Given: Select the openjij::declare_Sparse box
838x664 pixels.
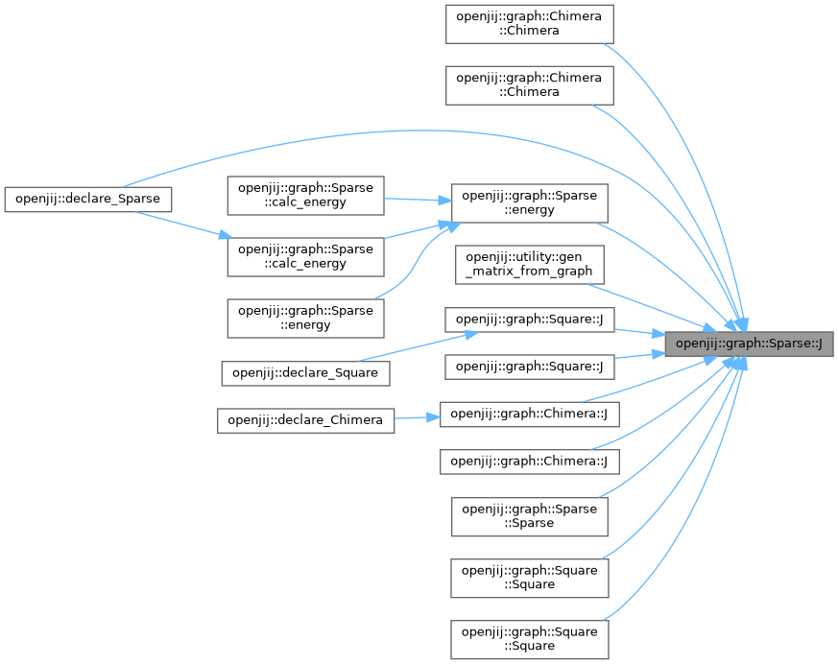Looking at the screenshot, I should pyautogui.click(x=88, y=199).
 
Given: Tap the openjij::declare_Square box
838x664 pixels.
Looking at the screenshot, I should pyautogui.click(x=305, y=372).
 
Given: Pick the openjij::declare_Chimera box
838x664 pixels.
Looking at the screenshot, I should pyautogui.click(x=305, y=419).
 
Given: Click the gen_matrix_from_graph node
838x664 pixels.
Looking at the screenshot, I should pyautogui.click(x=529, y=264).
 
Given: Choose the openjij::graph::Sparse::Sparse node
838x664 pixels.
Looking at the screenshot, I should pyautogui.click(x=529, y=516).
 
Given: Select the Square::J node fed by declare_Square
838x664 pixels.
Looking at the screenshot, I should pyautogui.click(x=529, y=320).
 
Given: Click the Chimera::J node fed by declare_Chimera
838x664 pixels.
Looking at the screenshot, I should pyautogui.click(x=529, y=414).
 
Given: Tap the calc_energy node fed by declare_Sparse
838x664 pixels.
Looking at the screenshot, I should pyautogui.click(x=305, y=257).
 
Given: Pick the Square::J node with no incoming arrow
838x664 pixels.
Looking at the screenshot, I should pyautogui.click(x=529, y=366).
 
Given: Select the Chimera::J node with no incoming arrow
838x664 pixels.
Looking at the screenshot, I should pyautogui.click(x=529, y=461).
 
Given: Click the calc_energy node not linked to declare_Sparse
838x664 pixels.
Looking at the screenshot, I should pyautogui.click(x=305, y=195).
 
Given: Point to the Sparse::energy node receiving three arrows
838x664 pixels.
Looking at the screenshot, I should pyautogui.click(x=529, y=202).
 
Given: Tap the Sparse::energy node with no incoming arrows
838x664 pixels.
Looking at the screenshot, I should pyautogui.click(x=305, y=318).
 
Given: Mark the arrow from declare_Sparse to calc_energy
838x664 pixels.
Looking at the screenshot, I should pyautogui.click(x=181, y=223).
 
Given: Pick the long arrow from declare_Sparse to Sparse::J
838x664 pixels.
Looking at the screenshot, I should pyautogui.click(x=384, y=130).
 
